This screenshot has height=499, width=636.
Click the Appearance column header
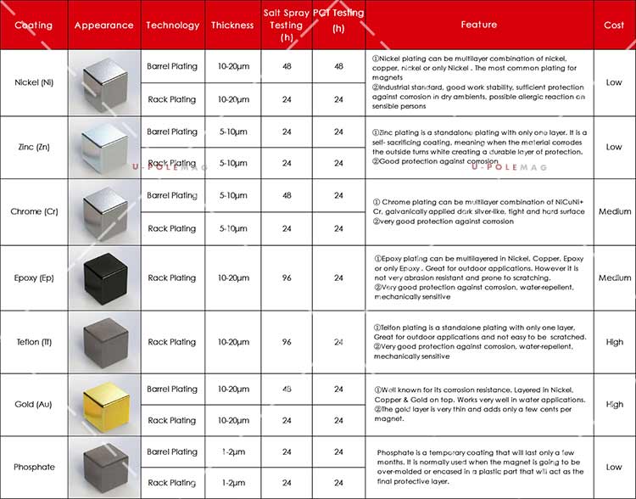[x=103, y=25]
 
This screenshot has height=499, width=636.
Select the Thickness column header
[x=232, y=25]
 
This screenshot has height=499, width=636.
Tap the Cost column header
[x=614, y=25]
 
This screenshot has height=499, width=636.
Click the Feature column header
[x=479, y=25]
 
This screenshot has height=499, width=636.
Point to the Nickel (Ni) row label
[x=34, y=83]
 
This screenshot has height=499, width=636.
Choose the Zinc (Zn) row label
[x=34, y=147]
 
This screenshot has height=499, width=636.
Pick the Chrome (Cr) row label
[x=34, y=211]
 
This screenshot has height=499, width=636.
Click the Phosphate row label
[x=34, y=468]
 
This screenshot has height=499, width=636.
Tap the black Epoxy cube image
[x=104, y=278]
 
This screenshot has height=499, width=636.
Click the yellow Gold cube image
[x=104, y=405]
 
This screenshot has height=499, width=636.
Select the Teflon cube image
[x=104, y=341]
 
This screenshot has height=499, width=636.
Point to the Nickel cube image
[x=104, y=83]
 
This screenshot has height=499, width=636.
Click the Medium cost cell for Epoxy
[x=614, y=278]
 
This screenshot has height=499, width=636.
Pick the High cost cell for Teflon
[x=614, y=342]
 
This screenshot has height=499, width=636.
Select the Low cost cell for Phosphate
[x=614, y=468]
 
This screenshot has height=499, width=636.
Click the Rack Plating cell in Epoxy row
[x=172, y=278]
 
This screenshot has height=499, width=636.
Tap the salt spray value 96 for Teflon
[x=287, y=342]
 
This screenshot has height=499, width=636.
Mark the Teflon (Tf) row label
[x=34, y=342]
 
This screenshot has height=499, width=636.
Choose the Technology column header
[x=172, y=25]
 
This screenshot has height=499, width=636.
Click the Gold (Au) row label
[x=34, y=405]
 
